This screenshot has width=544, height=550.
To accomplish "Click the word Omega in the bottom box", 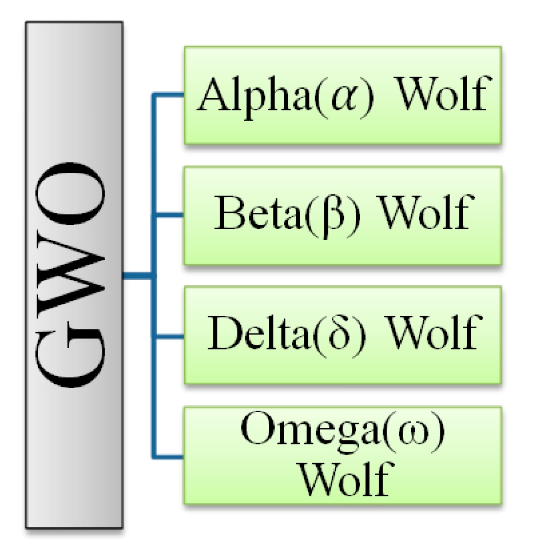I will point(309,430).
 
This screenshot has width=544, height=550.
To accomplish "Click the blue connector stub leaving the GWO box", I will point(136,275).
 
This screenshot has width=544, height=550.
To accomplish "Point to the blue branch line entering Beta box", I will point(168,215).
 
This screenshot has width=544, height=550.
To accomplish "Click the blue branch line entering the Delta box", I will point(168,337).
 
